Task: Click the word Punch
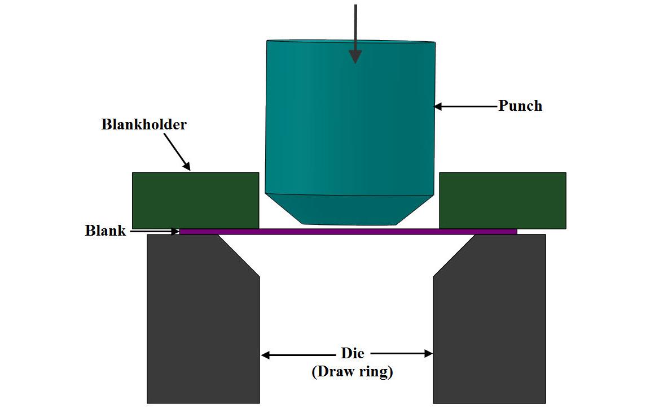[x=520, y=106]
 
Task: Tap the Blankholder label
[x=144, y=124]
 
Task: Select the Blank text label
[x=105, y=231]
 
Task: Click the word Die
[x=353, y=354]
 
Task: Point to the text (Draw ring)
[x=352, y=372]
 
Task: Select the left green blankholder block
[x=195, y=200]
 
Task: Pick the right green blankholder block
[x=502, y=200]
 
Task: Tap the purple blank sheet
[x=348, y=231]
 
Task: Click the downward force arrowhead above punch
[x=355, y=56]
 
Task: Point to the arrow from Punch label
[x=465, y=106]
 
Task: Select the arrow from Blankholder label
[x=178, y=153]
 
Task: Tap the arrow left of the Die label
[x=299, y=355]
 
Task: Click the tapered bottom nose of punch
[x=350, y=209]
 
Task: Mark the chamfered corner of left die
[x=238, y=255]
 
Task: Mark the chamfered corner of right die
[x=455, y=255]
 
